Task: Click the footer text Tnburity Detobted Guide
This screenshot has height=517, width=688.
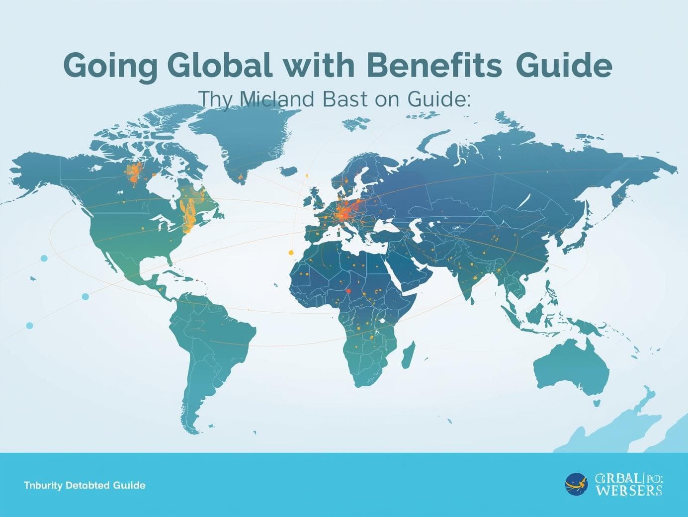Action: [x=85, y=485]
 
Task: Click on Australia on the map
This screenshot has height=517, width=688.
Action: [x=572, y=368]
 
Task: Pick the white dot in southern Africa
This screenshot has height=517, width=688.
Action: [x=382, y=321]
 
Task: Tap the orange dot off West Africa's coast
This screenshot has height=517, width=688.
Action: [x=291, y=253]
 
